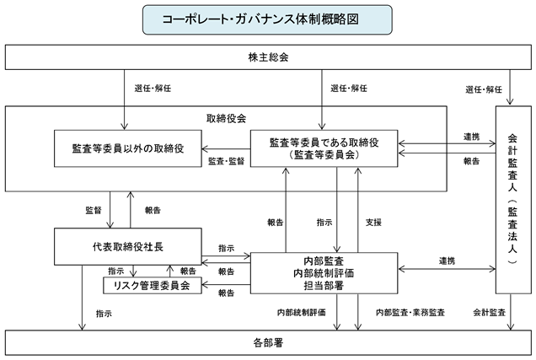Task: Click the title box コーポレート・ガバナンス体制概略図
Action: [267, 19]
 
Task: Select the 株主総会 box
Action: [268, 57]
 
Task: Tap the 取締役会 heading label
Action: [226, 119]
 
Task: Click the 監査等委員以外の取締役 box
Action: [128, 148]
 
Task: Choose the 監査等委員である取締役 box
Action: [324, 148]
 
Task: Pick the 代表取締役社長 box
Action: [128, 246]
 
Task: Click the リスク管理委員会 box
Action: [153, 286]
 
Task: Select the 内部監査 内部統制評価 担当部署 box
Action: [324, 273]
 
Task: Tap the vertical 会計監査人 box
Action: [513, 200]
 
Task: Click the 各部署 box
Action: [268, 342]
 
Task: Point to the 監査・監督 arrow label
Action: [227, 161]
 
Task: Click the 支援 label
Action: [373, 223]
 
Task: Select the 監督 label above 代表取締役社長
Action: [94, 210]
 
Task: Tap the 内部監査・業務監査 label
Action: [410, 312]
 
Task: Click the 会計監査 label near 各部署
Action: [489, 312]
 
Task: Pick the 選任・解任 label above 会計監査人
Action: [484, 89]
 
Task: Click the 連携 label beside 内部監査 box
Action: [448, 261]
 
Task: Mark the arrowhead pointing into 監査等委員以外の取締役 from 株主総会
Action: [124, 126]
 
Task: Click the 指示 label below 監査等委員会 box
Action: [324, 223]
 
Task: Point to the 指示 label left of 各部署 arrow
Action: [104, 314]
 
